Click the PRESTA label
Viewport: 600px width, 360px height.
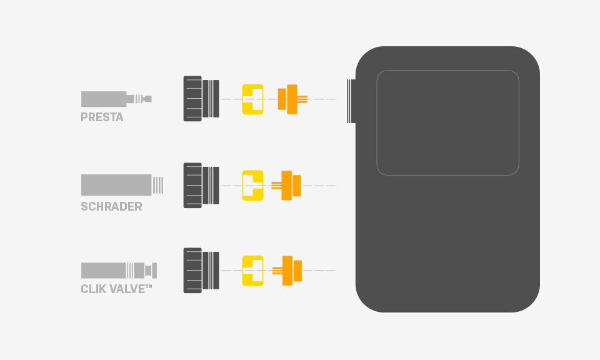(x=102, y=117)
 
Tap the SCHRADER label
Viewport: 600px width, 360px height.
(x=111, y=206)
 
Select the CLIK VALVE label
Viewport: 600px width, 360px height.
(x=116, y=289)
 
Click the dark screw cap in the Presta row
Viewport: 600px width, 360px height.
(x=201, y=99)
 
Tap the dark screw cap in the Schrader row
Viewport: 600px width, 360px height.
(x=201, y=185)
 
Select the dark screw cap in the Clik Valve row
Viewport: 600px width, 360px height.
(x=201, y=271)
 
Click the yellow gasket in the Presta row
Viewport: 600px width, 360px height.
(x=252, y=99)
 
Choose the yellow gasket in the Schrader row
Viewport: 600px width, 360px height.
(x=252, y=185)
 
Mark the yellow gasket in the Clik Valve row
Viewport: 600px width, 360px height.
(x=252, y=271)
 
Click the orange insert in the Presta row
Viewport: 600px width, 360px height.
(x=291, y=99)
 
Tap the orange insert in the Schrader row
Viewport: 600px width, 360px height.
(x=287, y=185)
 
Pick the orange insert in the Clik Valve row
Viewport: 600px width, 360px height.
(x=288, y=271)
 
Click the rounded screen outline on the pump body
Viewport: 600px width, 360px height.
(x=447, y=122)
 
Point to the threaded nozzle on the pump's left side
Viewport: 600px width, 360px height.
(x=351, y=100)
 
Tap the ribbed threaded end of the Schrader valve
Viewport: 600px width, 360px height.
(x=158, y=185)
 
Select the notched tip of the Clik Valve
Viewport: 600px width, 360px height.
(x=150, y=271)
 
